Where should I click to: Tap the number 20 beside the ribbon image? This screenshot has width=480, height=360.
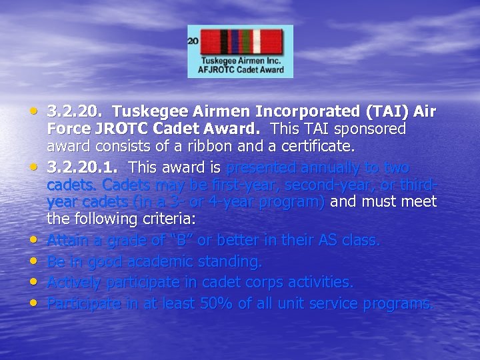[193, 41]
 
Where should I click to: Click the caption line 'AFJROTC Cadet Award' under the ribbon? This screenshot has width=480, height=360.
[241, 69]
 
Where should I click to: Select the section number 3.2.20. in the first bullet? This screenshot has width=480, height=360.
[76, 111]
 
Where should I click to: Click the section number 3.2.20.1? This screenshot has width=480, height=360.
[83, 167]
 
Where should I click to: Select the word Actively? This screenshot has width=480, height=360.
[73, 283]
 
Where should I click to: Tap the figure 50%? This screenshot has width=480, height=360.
[217, 304]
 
